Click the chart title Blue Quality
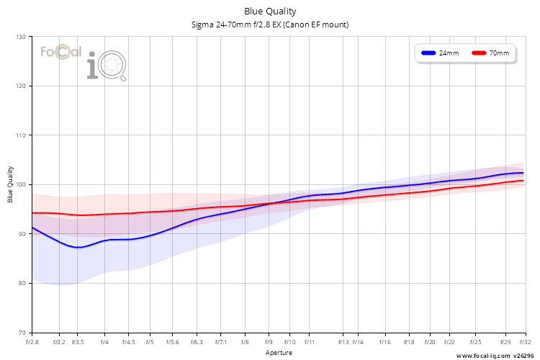point(270,12)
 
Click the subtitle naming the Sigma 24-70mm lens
point(270,24)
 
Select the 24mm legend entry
point(440,53)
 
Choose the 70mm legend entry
point(490,53)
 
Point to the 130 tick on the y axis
point(21,37)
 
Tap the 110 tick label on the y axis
point(21,135)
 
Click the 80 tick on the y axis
point(22,283)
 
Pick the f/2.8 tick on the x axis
point(32,342)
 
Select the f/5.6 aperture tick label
point(173,342)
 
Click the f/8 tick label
point(245,342)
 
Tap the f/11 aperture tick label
point(310,342)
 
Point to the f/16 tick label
point(385,342)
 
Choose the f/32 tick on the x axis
point(525,342)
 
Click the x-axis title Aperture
point(279,353)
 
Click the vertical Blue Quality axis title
point(10,184)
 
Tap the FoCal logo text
point(61,52)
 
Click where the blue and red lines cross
point(271,204)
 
